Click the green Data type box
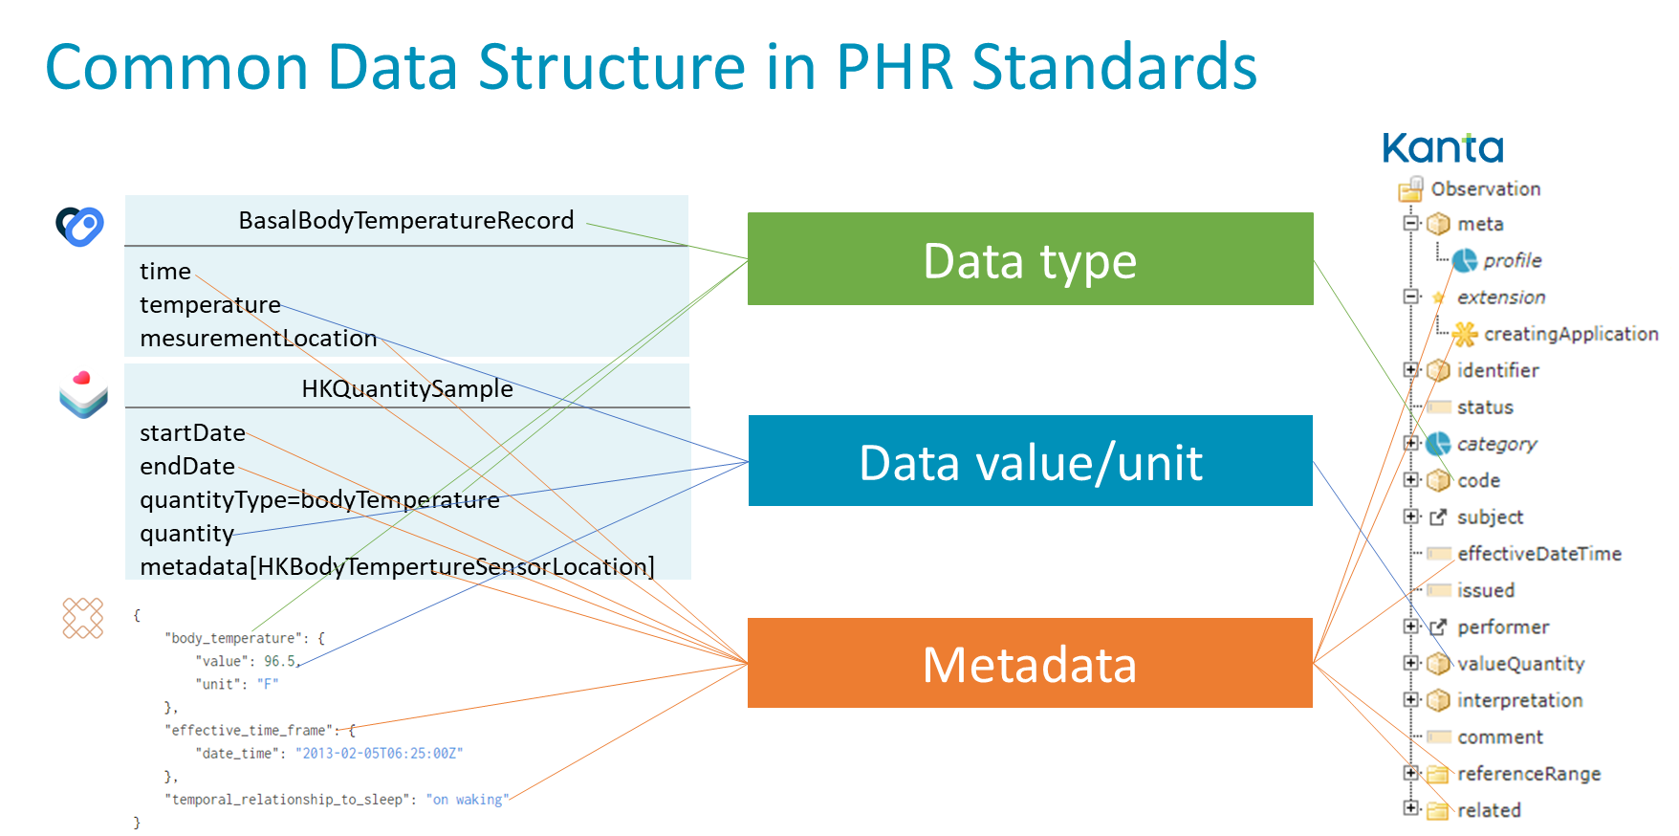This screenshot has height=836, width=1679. point(1030,259)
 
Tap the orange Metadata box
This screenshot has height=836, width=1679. point(1030,664)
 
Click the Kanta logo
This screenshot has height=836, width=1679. point(1443,148)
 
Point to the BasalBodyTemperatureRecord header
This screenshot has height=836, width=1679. point(406,221)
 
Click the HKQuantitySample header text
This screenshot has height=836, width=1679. point(407,388)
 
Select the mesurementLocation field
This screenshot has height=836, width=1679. point(258,338)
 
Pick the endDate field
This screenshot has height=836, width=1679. point(187,466)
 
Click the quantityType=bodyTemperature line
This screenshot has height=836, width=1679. point(319,499)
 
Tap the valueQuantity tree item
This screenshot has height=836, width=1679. point(1520,664)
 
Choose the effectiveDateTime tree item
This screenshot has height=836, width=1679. point(1538,554)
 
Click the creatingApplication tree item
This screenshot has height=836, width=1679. point(1570,334)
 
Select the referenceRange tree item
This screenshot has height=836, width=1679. point(1528,774)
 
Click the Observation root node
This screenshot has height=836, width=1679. point(1485,189)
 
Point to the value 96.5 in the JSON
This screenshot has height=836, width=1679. point(280,661)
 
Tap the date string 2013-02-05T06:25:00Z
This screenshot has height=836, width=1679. point(379,754)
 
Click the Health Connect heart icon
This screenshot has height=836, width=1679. point(79,227)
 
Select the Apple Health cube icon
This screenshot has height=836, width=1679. point(83,391)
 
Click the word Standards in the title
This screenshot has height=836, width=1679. point(1114,68)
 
